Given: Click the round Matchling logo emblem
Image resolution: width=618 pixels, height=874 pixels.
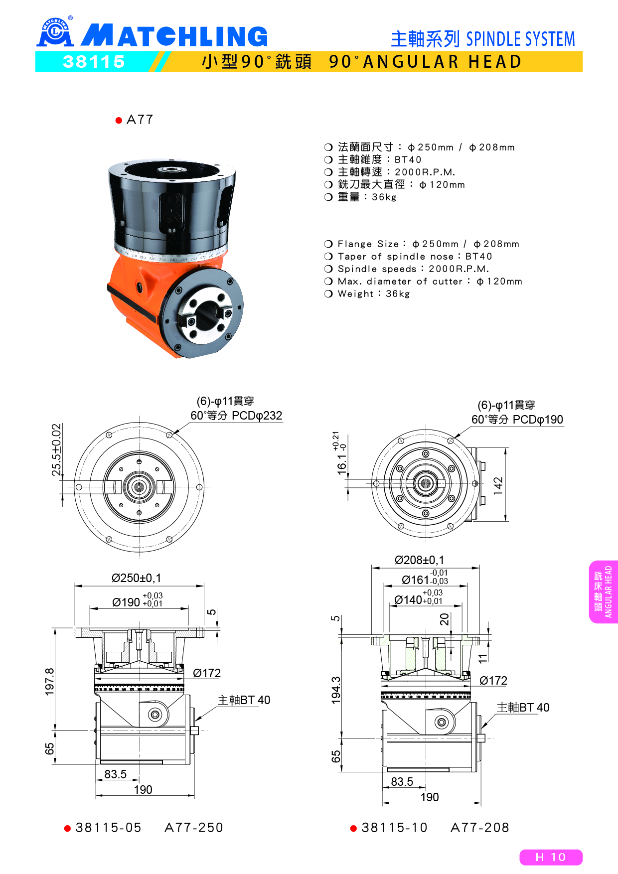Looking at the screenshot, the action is (x=55, y=32).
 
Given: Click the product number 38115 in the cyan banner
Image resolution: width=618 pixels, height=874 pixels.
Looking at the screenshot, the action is (x=94, y=62).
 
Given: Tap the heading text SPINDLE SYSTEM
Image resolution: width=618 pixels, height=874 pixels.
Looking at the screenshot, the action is (x=520, y=39).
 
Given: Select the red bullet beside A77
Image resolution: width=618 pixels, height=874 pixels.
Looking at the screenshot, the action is (x=119, y=120).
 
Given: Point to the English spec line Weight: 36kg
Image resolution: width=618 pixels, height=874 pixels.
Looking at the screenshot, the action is (x=367, y=294).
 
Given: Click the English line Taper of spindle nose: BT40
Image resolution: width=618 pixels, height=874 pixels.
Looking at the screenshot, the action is (x=408, y=257).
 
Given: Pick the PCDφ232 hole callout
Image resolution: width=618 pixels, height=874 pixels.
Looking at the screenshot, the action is (x=236, y=416).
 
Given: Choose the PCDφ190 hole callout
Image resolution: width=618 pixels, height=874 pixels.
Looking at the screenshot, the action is (x=517, y=420).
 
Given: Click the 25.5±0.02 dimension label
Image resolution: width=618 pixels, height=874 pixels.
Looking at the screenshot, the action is (x=56, y=450).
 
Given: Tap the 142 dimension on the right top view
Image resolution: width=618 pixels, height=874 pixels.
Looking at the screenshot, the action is (x=498, y=486).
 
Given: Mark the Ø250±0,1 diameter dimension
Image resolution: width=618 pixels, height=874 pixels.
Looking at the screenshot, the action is (x=137, y=578).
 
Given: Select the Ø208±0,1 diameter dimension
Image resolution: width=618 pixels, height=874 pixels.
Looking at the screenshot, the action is (x=419, y=560).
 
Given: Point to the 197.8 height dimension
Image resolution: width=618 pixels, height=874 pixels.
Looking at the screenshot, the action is (x=49, y=682).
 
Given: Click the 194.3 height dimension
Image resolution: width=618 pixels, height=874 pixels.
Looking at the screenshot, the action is (x=336, y=690).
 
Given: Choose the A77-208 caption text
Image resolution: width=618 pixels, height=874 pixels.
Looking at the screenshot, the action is (x=480, y=828).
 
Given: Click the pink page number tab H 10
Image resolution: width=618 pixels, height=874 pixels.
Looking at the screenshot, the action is (x=551, y=857).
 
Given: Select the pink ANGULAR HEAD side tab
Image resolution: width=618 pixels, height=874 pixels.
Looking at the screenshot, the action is (x=604, y=592).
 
